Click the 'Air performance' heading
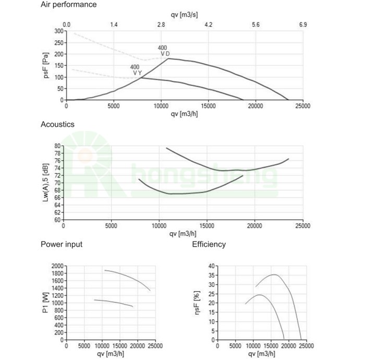tap(68, 5)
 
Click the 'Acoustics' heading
tap(57, 125)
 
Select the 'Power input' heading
tap(61, 244)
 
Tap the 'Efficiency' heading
tap(209, 244)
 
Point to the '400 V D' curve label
tap(164, 51)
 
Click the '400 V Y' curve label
tap(136, 70)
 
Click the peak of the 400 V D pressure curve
tap(168, 58)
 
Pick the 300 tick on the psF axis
tap(57, 31)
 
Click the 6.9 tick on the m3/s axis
tap(303, 25)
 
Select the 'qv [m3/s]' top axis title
tap(184, 16)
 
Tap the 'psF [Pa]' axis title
tap(46, 66)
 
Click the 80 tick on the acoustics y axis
tap(57, 146)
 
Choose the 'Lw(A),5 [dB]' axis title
tap(46, 183)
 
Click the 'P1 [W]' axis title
tap(46, 303)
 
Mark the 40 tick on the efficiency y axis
tap(212, 266)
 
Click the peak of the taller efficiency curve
tap(274, 274)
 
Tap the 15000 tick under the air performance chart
tap(208, 106)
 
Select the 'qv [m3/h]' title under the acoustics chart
tap(184, 233)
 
